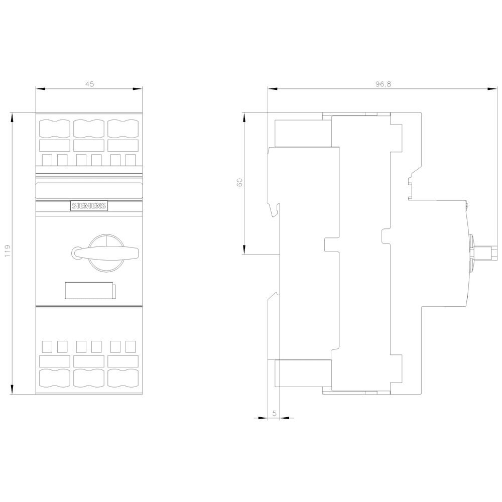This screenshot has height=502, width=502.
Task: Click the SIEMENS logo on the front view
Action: point(89,206)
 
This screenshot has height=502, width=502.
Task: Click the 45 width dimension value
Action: point(90,84)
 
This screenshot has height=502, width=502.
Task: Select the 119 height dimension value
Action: point(8,252)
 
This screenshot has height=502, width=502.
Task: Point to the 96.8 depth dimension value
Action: point(383,84)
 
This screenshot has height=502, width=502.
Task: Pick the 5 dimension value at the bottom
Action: point(275,413)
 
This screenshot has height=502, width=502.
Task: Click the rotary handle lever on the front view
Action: point(105,253)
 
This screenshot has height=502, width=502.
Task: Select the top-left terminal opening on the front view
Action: point(54,129)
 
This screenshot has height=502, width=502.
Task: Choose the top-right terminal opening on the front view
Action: point(123,129)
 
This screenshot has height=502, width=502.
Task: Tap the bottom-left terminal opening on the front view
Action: point(54,378)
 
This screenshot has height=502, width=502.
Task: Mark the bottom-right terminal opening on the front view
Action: point(123,378)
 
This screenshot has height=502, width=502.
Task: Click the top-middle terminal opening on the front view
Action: point(89,129)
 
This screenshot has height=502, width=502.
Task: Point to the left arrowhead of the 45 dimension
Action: point(40,89)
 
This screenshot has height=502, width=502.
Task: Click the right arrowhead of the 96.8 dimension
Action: point(492,89)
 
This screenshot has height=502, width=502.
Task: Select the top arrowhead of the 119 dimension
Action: point(13,117)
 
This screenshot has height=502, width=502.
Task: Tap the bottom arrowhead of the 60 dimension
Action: point(244,249)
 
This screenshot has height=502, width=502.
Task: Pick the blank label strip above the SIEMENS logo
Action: point(89,190)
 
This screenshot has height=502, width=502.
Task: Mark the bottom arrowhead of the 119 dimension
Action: point(13,390)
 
